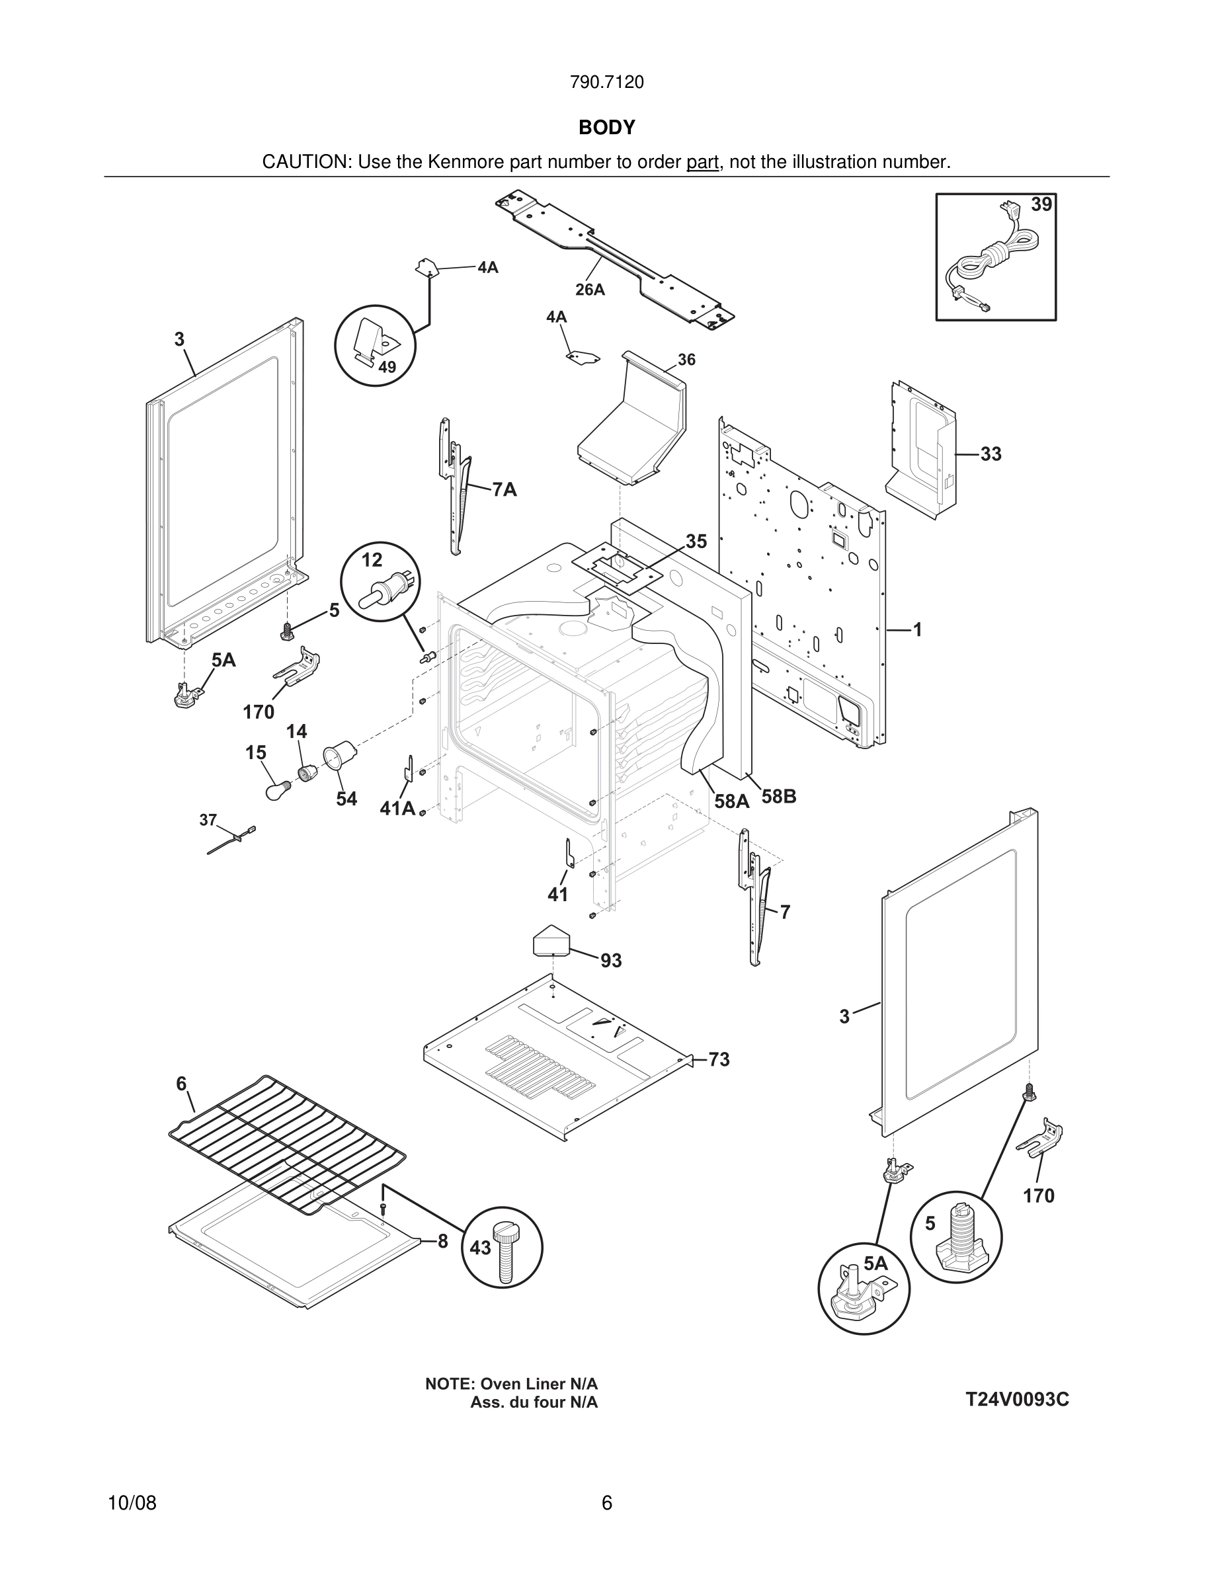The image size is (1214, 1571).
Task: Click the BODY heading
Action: coord(606,128)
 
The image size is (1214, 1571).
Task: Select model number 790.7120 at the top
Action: coord(606,83)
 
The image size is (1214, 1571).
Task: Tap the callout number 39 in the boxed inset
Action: coord(1041,205)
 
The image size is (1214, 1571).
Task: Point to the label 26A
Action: coord(590,290)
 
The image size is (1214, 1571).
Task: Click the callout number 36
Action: coord(686,360)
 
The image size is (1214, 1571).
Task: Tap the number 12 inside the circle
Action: coord(372,559)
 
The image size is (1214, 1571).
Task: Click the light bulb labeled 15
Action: coord(274,791)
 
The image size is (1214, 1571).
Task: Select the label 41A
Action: coord(397,809)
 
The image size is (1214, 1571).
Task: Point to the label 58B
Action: coord(779,797)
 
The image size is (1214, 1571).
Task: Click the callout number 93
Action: coord(610,960)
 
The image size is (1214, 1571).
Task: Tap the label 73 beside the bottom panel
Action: coord(719,1059)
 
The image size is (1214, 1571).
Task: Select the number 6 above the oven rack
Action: coord(181,1084)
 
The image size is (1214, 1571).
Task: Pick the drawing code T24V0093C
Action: coord(1017,1399)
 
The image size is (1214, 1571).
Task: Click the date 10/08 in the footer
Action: coord(132,1503)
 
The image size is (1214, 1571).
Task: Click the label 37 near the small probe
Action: coord(208,819)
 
